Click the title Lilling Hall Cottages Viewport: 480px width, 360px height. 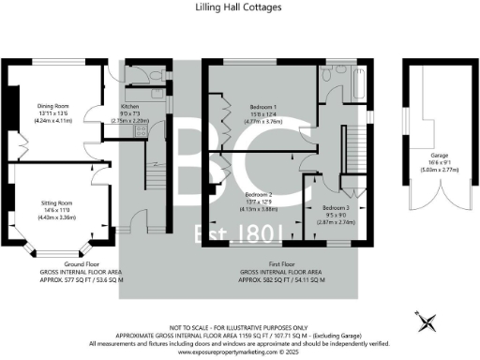coord(240,8)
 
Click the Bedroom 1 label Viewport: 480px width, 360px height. coord(250,106)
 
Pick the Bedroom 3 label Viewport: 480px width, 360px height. coord(336,207)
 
